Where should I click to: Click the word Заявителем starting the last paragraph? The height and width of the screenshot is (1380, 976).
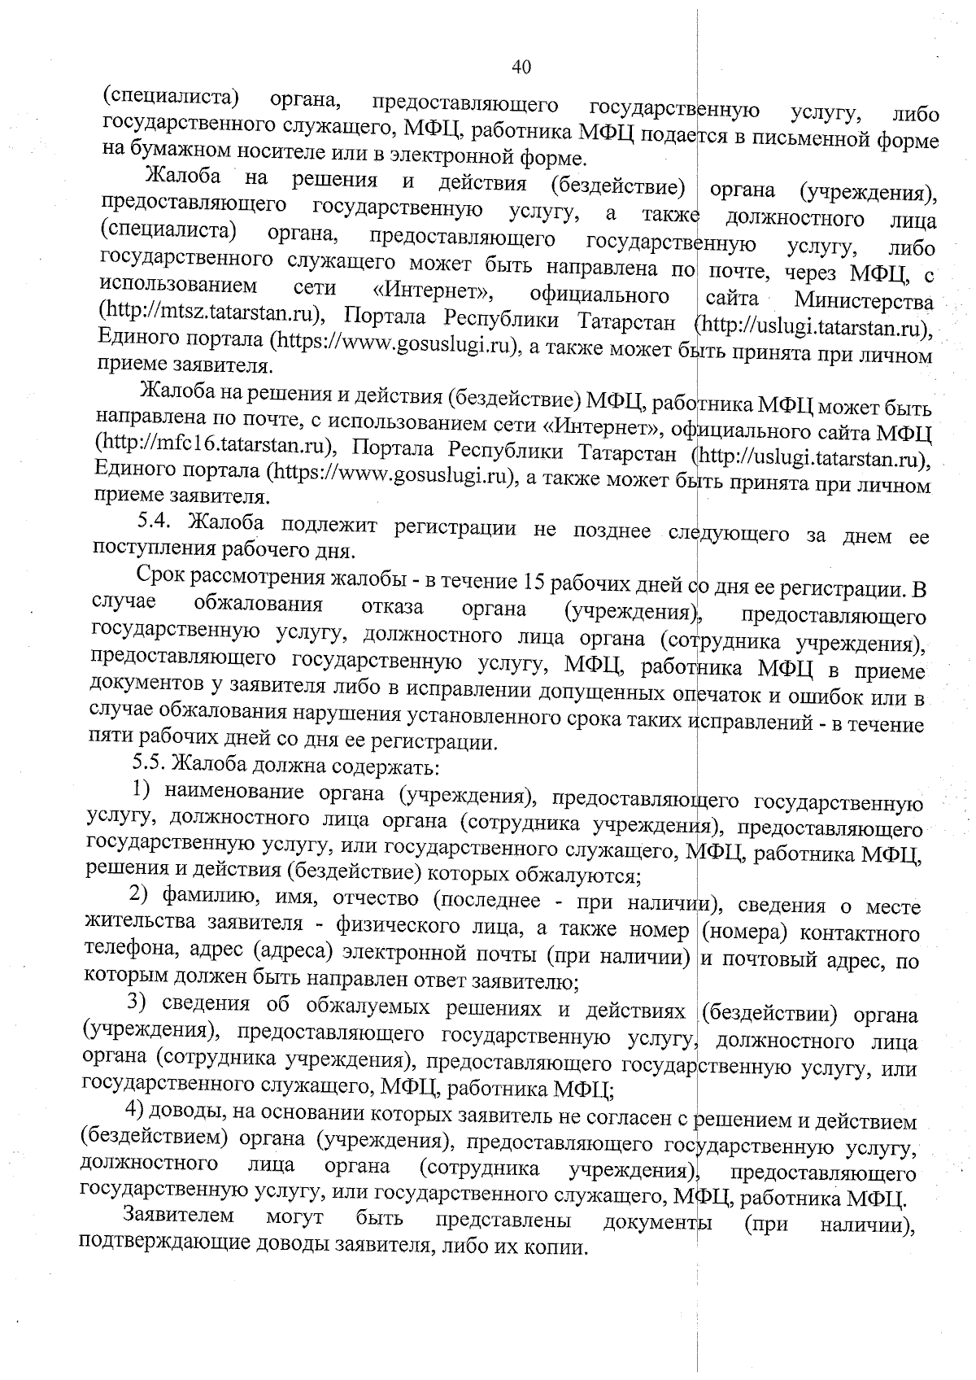click(178, 1216)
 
